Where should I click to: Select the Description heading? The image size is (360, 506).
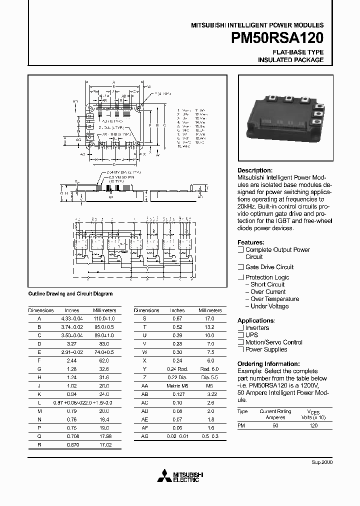point(255,170)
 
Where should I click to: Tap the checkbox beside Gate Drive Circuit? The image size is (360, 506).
point(240,267)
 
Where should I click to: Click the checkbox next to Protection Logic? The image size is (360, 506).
point(240,277)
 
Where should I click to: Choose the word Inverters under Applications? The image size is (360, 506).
point(257,328)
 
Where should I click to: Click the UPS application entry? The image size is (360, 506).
point(251,335)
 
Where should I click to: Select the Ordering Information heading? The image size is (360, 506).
point(268,363)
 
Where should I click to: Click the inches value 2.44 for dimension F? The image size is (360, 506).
point(72,360)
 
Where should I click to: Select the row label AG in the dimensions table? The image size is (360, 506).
point(144,436)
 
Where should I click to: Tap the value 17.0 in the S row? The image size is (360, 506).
point(209,318)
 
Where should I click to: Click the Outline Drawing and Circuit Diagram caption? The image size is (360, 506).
point(70,294)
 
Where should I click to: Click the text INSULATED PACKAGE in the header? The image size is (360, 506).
point(290,60)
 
